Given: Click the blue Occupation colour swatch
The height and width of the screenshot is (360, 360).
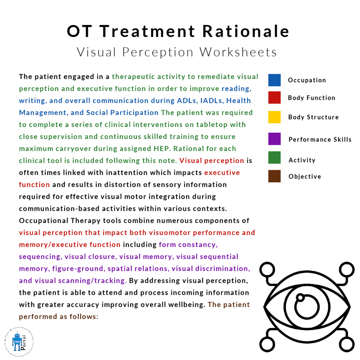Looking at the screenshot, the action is [x=274, y=80].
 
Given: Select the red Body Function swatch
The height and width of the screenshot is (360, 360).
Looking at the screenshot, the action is [x=274, y=97].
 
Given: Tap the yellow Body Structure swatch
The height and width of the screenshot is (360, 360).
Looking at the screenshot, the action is [x=274, y=117].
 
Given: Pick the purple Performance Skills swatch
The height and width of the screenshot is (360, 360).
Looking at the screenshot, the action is [x=274, y=139].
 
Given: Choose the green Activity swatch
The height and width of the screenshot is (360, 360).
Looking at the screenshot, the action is [x=274, y=157].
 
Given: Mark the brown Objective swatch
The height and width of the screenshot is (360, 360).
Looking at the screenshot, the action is [x=274, y=176].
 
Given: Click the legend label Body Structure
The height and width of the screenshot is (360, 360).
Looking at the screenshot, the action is [x=313, y=117].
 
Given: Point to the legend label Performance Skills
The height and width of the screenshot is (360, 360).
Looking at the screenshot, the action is [x=320, y=139].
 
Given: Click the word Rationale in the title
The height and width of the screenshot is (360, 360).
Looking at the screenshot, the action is [x=246, y=31].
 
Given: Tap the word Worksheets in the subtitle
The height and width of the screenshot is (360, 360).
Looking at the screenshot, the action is [x=238, y=52].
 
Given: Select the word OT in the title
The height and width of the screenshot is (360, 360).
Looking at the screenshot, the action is [x=79, y=31].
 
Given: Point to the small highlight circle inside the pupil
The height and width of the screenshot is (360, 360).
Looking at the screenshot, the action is [x=300, y=298].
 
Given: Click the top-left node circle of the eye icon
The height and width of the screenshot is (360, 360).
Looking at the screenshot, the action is [x=267, y=270].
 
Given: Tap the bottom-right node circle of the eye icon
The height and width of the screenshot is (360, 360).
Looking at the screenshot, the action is [x=347, y=344].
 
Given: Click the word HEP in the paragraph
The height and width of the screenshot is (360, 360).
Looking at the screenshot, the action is [x=162, y=148].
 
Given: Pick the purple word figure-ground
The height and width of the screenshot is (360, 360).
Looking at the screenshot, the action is [x=78, y=268].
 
